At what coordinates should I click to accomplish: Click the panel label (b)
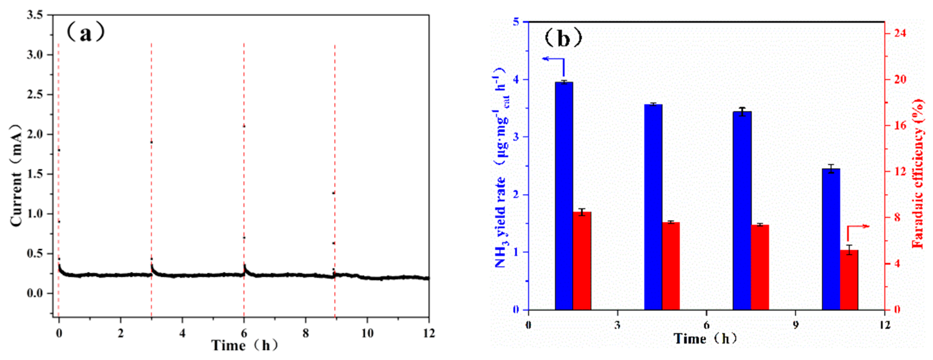(563, 38)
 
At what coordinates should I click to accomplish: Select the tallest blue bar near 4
(564, 196)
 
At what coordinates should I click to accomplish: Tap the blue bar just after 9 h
(831, 239)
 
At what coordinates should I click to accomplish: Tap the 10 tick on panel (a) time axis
(367, 333)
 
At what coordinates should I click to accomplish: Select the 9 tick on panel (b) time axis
(796, 325)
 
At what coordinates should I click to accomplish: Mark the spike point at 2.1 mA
(244, 126)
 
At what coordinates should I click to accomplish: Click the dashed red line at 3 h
(151, 181)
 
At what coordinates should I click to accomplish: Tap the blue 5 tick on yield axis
(516, 22)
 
